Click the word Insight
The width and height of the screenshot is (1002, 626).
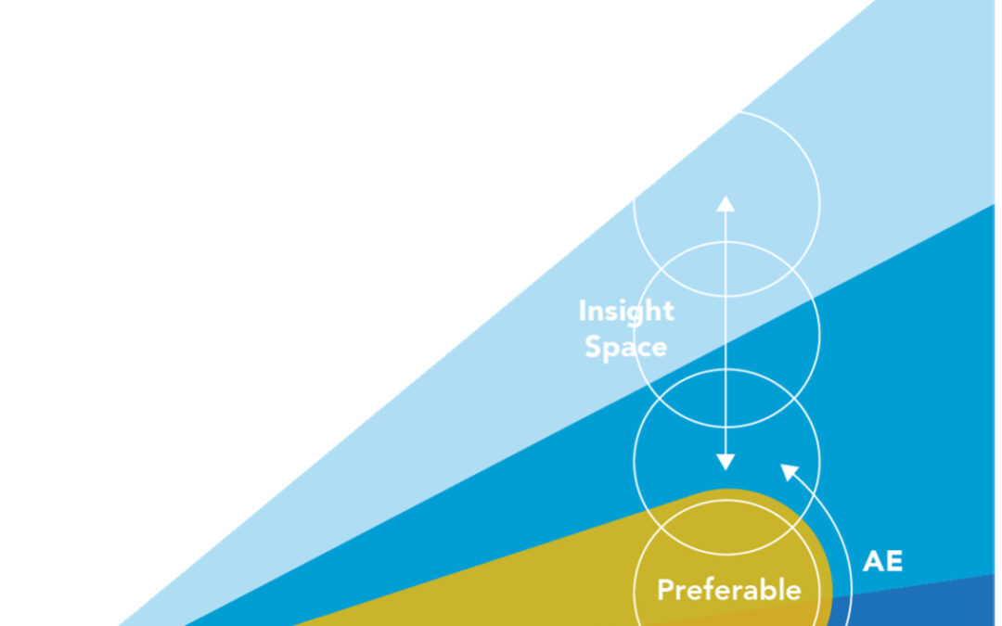626,312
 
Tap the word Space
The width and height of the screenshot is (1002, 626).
625,347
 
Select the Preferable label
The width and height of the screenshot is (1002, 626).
729,590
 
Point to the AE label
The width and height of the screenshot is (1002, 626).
882,561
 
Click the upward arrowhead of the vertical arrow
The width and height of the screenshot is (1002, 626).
726,204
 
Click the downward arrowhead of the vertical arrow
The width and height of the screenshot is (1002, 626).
726,462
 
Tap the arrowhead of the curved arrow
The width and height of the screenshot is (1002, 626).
790,472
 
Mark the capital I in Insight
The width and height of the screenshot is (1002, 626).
582,311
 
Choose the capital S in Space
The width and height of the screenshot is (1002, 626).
593,346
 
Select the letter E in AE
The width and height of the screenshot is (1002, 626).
894,561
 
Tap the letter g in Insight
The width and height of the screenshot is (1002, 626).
639,314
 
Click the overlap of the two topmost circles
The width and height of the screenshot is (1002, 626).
726,269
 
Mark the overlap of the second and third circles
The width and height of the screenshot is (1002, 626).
726,398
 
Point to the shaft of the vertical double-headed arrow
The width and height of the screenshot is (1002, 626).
726,333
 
